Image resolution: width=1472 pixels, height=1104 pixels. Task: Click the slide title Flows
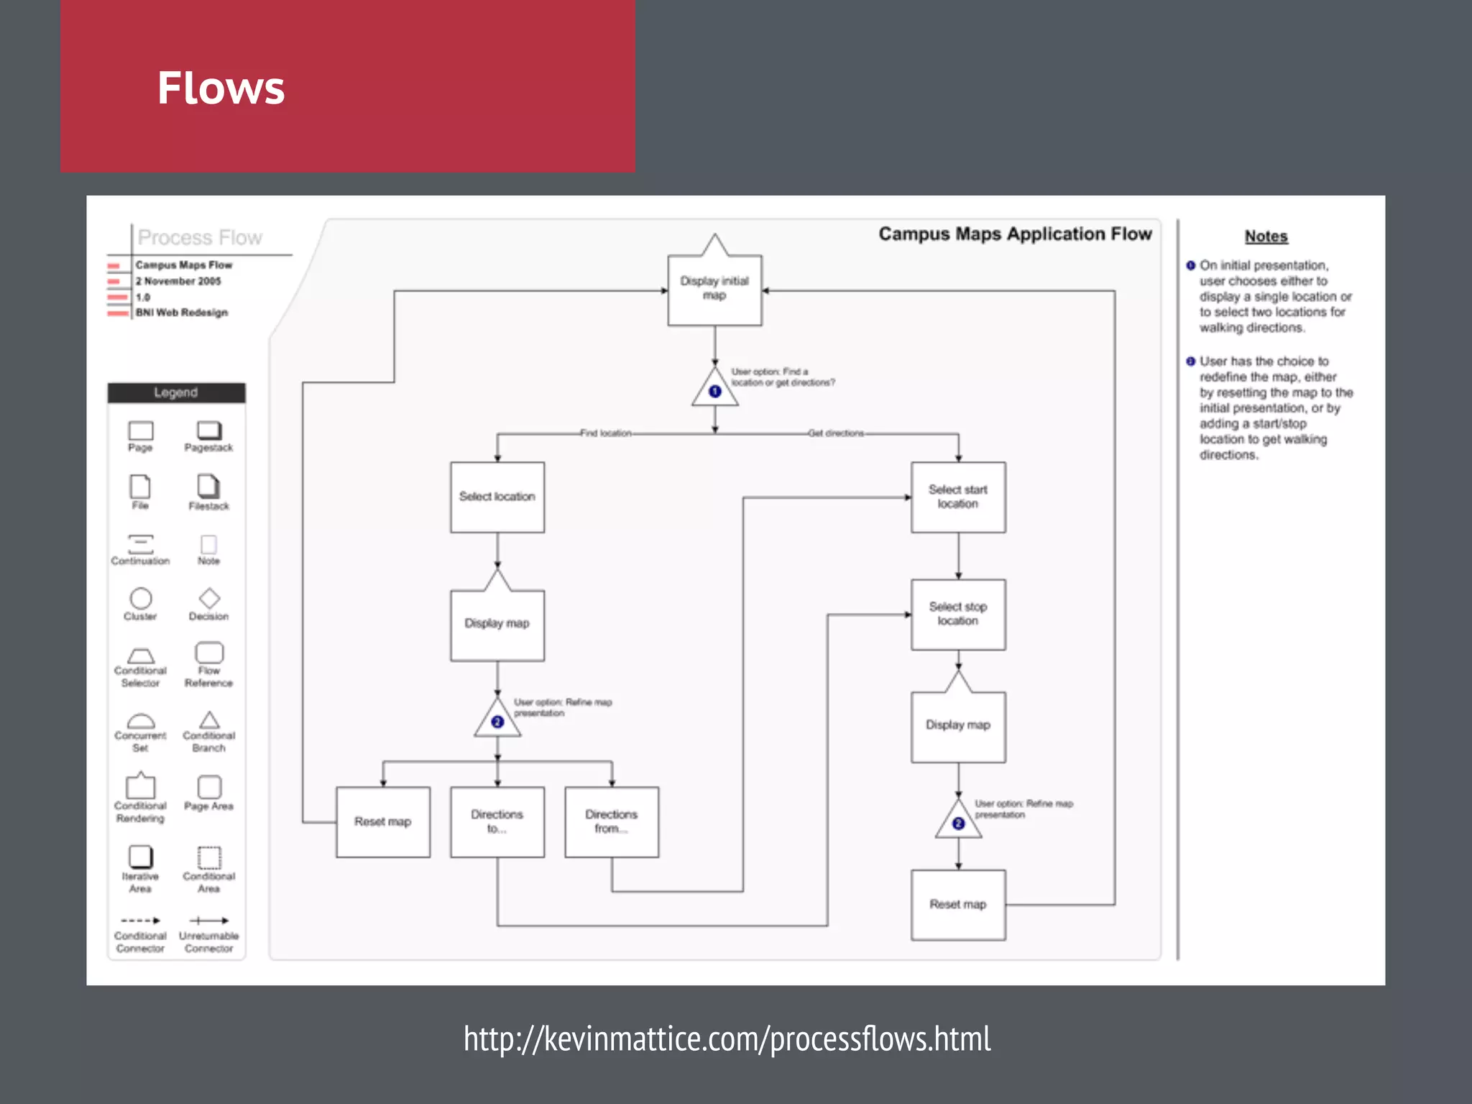pos(221,88)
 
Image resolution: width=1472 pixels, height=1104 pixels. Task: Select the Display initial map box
pos(714,289)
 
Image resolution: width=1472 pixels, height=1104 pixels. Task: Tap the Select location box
pos(497,497)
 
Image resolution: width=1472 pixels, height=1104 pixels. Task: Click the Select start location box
pos(958,497)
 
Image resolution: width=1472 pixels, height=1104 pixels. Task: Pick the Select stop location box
pos(958,614)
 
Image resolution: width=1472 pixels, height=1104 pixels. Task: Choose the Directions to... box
pos(497,822)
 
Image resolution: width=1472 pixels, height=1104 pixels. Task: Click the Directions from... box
pos(612,822)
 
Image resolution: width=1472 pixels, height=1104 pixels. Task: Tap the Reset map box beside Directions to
pos(383,822)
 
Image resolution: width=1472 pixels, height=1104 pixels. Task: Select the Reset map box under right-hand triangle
pos(958,904)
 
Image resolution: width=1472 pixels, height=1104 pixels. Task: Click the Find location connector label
pos(606,433)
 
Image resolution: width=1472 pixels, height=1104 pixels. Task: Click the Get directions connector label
pos(836,433)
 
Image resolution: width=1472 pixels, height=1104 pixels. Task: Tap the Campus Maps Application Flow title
pos(1015,234)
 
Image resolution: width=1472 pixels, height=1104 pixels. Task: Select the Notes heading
pos(1266,236)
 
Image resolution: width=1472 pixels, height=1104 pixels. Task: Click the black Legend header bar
pos(176,392)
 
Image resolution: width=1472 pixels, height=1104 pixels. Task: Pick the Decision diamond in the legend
pos(209,598)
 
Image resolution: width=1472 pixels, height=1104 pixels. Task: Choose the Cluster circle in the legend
pos(141,598)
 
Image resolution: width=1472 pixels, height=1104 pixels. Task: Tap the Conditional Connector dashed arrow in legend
pos(141,920)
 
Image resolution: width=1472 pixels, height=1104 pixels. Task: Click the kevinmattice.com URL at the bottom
pos(727,1039)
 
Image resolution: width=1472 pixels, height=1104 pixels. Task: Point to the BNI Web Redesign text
pos(182,313)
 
